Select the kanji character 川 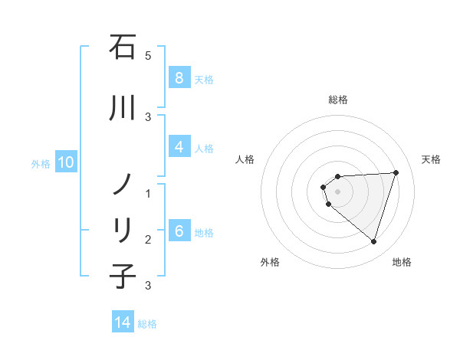123,110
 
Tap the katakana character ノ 123,184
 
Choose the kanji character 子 123,276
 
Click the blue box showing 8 179,78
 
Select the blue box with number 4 179,148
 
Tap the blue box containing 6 179,232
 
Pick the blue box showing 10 65,162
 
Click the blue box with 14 123,323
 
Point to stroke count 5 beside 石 148,55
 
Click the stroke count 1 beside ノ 148,194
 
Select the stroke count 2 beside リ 148,240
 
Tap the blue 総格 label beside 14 147,324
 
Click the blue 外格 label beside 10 41,163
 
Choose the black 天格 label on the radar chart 431,159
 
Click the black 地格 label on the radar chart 402,262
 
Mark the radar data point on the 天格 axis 396,172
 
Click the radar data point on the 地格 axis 373,242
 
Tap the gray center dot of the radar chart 338,191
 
